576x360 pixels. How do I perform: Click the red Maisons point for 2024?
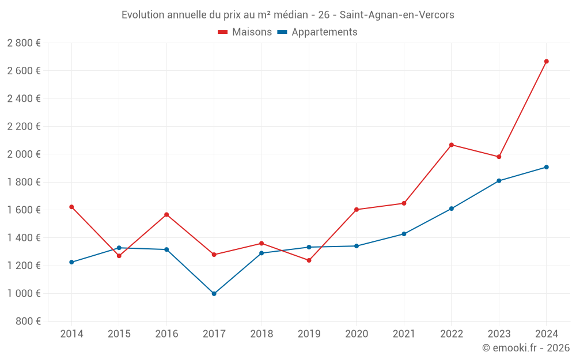click(x=546, y=61)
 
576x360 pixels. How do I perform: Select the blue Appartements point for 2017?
click(x=214, y=294)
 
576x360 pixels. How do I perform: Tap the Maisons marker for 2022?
click(x=451, y=145)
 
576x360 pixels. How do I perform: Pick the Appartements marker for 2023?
click(x=499, y=181)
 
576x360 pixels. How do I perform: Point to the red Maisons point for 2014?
click(x=71, y=207)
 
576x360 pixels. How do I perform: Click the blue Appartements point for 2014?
click(x=71, y=262)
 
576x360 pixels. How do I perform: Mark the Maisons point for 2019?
click(x=309, y=260)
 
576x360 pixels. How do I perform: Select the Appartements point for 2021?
click(x=404, y=234)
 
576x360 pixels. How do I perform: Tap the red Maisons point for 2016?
click(x=166, y=214)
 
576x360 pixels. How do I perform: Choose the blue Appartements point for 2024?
click(x=546, y=167)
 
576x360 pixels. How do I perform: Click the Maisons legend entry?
click(x=245, y=32)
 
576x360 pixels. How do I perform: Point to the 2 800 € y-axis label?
click(x=24, y=43)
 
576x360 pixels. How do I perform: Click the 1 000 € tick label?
click(x=24, y=293)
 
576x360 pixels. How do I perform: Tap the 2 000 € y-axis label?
click(x=24, y=154)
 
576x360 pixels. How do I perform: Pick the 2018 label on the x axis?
click(x=262, y=334)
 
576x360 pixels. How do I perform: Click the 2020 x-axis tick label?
click(x=357, y=334)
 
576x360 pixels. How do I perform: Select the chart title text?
click(x=287, y=15)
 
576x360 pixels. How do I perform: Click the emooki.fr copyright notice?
click(x=525, y=348)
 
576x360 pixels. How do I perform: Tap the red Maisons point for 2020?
click(x=357, y=210)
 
